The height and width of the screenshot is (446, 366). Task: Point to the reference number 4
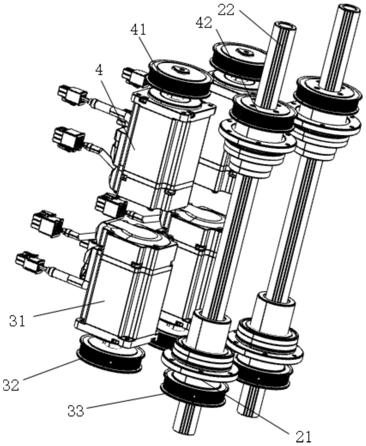[x=99, y=70]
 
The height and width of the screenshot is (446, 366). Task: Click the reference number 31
[x=17, y=321]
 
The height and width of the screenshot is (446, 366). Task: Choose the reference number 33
[x=76, y=411]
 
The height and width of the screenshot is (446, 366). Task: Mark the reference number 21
[x=304, y=436]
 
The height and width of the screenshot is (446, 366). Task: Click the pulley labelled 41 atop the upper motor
[x=178, y=77]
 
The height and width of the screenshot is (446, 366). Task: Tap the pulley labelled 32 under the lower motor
[x=109, y=354]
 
